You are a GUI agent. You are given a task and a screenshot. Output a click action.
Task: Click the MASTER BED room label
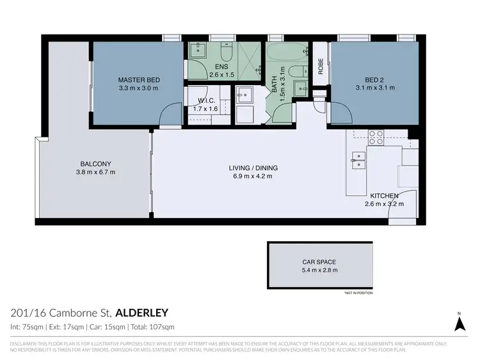pyautogui.click(x=139, y=80)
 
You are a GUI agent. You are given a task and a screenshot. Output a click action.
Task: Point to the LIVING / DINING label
pyautogui.click(x=253, y=168)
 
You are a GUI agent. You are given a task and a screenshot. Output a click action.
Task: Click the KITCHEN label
pyautogui.click(x=384, y=196)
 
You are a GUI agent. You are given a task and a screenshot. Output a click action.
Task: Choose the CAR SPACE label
pyautogui.click(x=319, y=262)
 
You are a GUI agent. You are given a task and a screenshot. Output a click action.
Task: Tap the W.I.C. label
pyautogui.click(x=205, y=100)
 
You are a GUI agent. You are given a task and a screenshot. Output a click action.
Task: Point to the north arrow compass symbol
pyautogui.click(x=460, y=322)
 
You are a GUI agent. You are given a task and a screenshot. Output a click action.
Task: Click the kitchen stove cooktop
pyautogui.click(x=376, y=137)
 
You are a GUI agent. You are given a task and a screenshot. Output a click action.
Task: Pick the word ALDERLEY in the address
pyautogui.click(x=141, y=313)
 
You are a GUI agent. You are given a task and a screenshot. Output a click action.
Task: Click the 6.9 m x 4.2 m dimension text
pyautogui.click(x=253, y=176)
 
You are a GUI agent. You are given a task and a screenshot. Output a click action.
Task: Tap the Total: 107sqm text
pyautogui.click(x=152, y=327)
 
